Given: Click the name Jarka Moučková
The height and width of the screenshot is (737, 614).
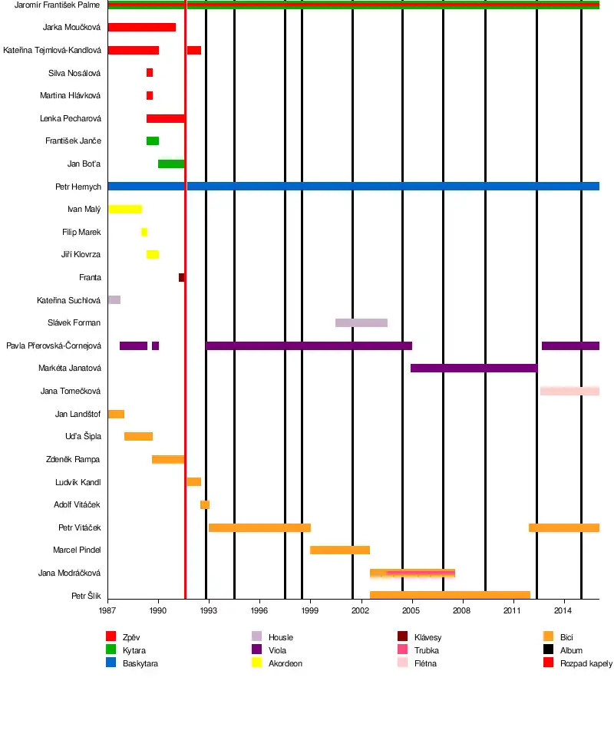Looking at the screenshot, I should coord(72,28).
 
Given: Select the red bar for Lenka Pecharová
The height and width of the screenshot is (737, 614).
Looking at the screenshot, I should coord(165,118).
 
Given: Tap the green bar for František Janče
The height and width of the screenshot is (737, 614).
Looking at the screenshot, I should coord(153,141).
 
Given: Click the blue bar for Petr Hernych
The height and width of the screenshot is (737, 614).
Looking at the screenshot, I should coord(353,187).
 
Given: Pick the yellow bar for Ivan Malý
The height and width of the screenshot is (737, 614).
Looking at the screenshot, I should coord(125,209).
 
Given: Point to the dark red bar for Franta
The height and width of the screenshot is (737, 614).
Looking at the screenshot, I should coord(181,277).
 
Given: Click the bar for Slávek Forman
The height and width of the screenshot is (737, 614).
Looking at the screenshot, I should coord(361,322).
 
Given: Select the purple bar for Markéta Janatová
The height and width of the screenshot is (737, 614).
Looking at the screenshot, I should coord(474,368).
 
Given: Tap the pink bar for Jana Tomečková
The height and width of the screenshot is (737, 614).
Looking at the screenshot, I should coord(569,392).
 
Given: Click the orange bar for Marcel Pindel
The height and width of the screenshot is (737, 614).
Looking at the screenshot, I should coord(340,550).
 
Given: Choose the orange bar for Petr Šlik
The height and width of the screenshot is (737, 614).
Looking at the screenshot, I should coord(450,596).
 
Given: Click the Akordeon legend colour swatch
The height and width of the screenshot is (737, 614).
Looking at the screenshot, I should coord(257,663).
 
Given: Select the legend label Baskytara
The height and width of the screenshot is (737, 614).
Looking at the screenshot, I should coord(140,663).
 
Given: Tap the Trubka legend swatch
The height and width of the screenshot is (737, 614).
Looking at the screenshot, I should coord(402,650).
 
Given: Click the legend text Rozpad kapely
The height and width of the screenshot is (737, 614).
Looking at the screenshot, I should coord(586,663).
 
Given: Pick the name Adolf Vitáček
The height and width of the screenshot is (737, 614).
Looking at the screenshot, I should coord(77,504).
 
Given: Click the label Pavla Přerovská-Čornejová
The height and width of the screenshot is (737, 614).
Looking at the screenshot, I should coord(54,345).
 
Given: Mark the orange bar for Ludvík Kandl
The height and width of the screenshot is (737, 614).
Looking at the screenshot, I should coord(193,482).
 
